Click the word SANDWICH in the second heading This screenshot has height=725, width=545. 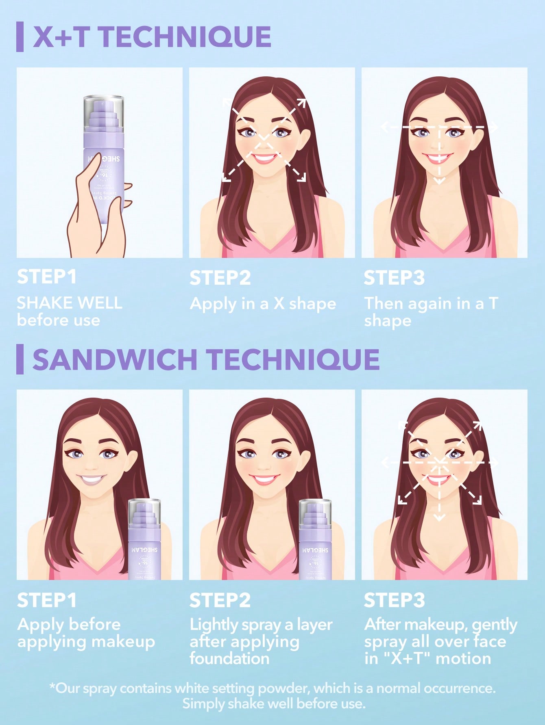coord(115,359)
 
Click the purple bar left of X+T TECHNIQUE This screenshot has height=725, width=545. coord(20,37)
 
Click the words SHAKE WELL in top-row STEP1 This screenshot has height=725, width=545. coord(69,303)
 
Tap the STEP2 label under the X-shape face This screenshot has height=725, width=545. coord(220,278)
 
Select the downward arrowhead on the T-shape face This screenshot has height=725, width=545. coord(439,180)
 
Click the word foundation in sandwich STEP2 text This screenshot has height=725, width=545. coord(229,658)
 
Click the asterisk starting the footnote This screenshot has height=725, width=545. coord(52,687)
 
